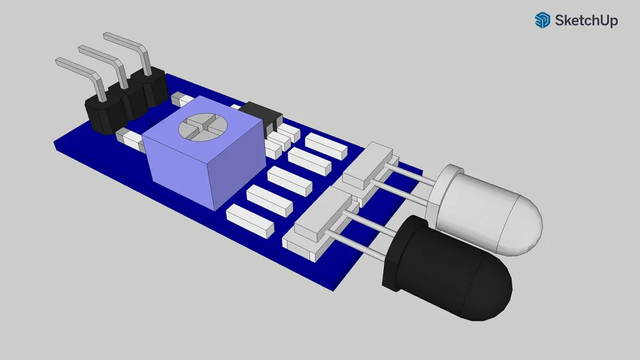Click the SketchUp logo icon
542,20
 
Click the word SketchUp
586,21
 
